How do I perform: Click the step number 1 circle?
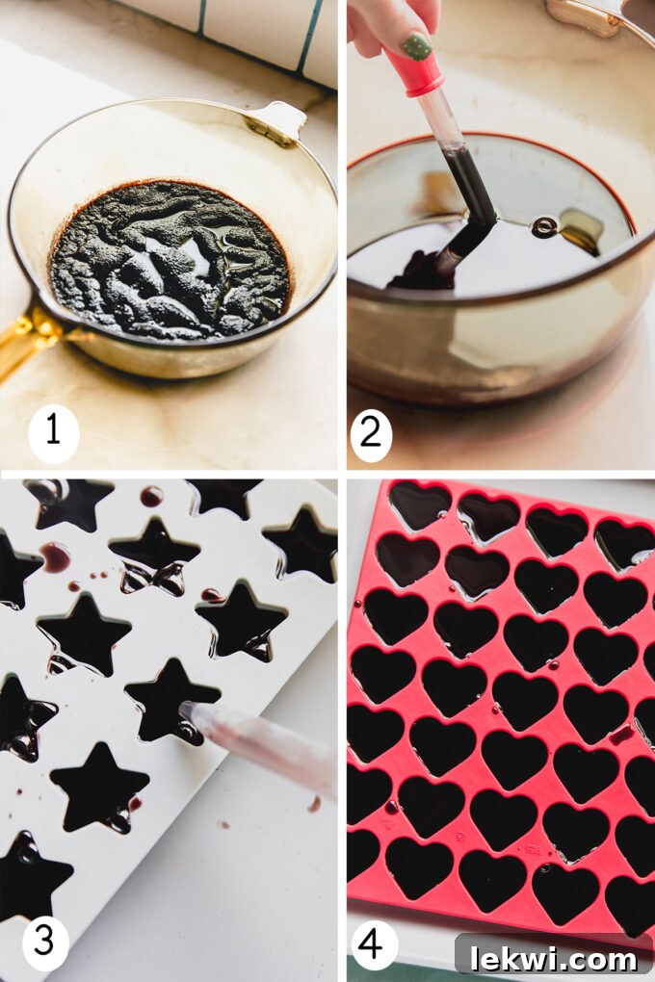pos(53,431)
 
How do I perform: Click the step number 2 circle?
pos(371,432)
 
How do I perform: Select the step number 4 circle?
pos(371,944)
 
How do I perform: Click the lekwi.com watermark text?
pos(554,958)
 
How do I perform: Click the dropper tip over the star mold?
pos(187,711)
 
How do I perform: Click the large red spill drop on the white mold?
pos(55,556)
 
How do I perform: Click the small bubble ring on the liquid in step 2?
pos(545,227)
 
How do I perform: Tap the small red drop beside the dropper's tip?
pos(315,803)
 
